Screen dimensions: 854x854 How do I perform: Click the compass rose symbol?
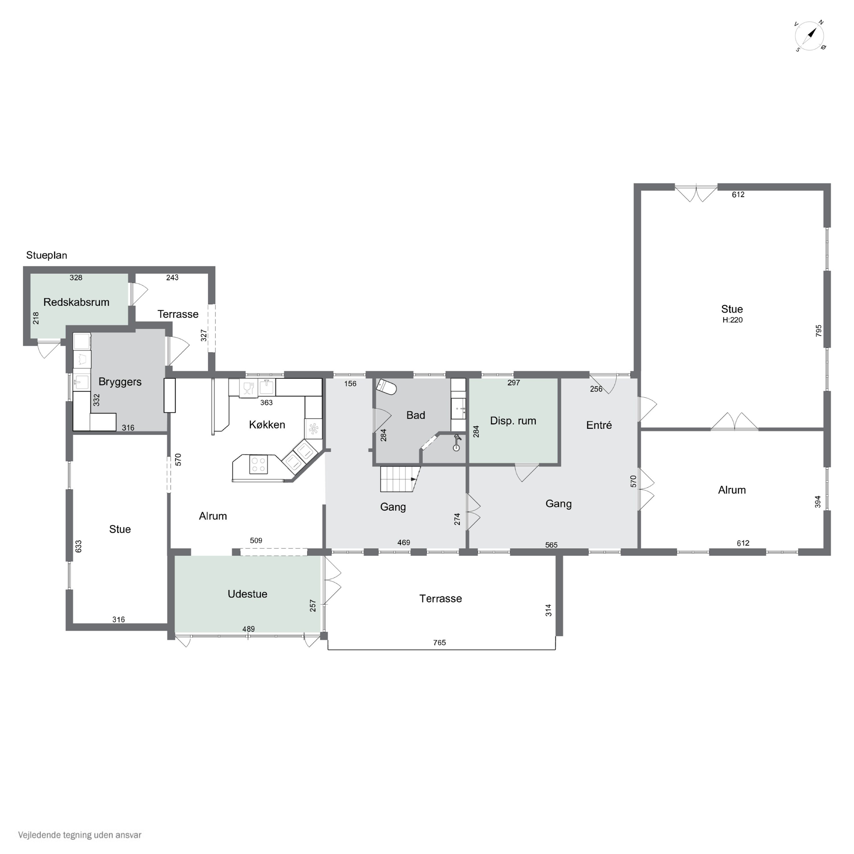tap(810, 36)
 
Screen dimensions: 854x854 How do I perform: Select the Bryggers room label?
tap(120, 382)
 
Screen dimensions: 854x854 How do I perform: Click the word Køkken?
tap(267, 425)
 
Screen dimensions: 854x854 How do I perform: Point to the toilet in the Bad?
tap(386, 387)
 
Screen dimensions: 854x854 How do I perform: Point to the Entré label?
tap(599, 425)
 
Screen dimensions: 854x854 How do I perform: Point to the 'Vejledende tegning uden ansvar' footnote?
tap(80, 835)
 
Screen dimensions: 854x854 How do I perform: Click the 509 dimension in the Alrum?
tap(256, 541)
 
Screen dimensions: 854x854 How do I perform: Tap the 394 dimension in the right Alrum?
tap(818, 502)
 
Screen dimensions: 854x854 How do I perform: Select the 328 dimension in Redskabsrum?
tap(76, 278)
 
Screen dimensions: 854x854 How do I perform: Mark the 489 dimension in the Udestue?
tap(249, 629)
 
